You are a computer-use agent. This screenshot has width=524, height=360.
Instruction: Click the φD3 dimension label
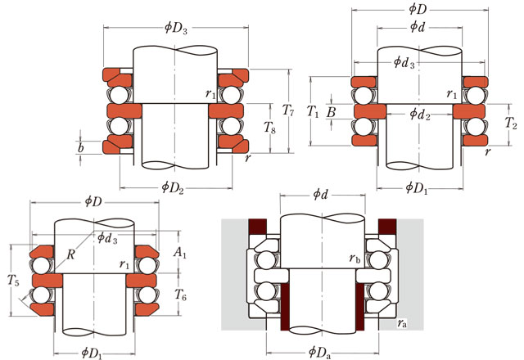point(176,27)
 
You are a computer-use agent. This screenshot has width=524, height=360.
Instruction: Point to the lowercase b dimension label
point(79,149)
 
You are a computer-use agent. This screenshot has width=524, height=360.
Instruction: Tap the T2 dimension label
point(512,125)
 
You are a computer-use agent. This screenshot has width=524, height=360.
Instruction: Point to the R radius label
point(72,254)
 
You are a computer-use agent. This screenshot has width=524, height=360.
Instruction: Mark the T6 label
point(181,294)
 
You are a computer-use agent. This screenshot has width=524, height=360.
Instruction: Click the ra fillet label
point(404,325)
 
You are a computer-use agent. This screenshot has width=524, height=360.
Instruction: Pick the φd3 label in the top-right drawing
point(405,61)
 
